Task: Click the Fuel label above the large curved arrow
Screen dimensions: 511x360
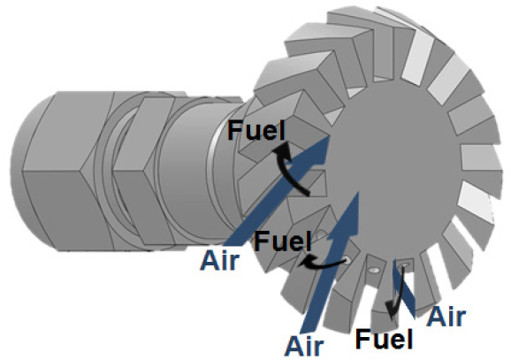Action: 256,130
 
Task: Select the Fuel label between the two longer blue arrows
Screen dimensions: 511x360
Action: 282,241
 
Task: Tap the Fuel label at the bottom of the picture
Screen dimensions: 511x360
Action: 385,339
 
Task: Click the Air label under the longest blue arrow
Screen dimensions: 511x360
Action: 220,260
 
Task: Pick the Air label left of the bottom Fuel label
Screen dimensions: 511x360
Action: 304,346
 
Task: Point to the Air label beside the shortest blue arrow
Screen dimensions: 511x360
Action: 446,317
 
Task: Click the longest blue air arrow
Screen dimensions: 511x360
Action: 277,191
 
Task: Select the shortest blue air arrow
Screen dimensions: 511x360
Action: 403,288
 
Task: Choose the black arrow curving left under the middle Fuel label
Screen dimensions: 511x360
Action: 323,264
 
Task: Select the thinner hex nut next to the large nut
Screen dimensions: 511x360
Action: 141,172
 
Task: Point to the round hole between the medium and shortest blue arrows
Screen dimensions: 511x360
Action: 375,271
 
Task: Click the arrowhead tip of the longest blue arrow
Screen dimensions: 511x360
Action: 330,137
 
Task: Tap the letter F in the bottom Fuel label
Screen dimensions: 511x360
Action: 362,339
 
